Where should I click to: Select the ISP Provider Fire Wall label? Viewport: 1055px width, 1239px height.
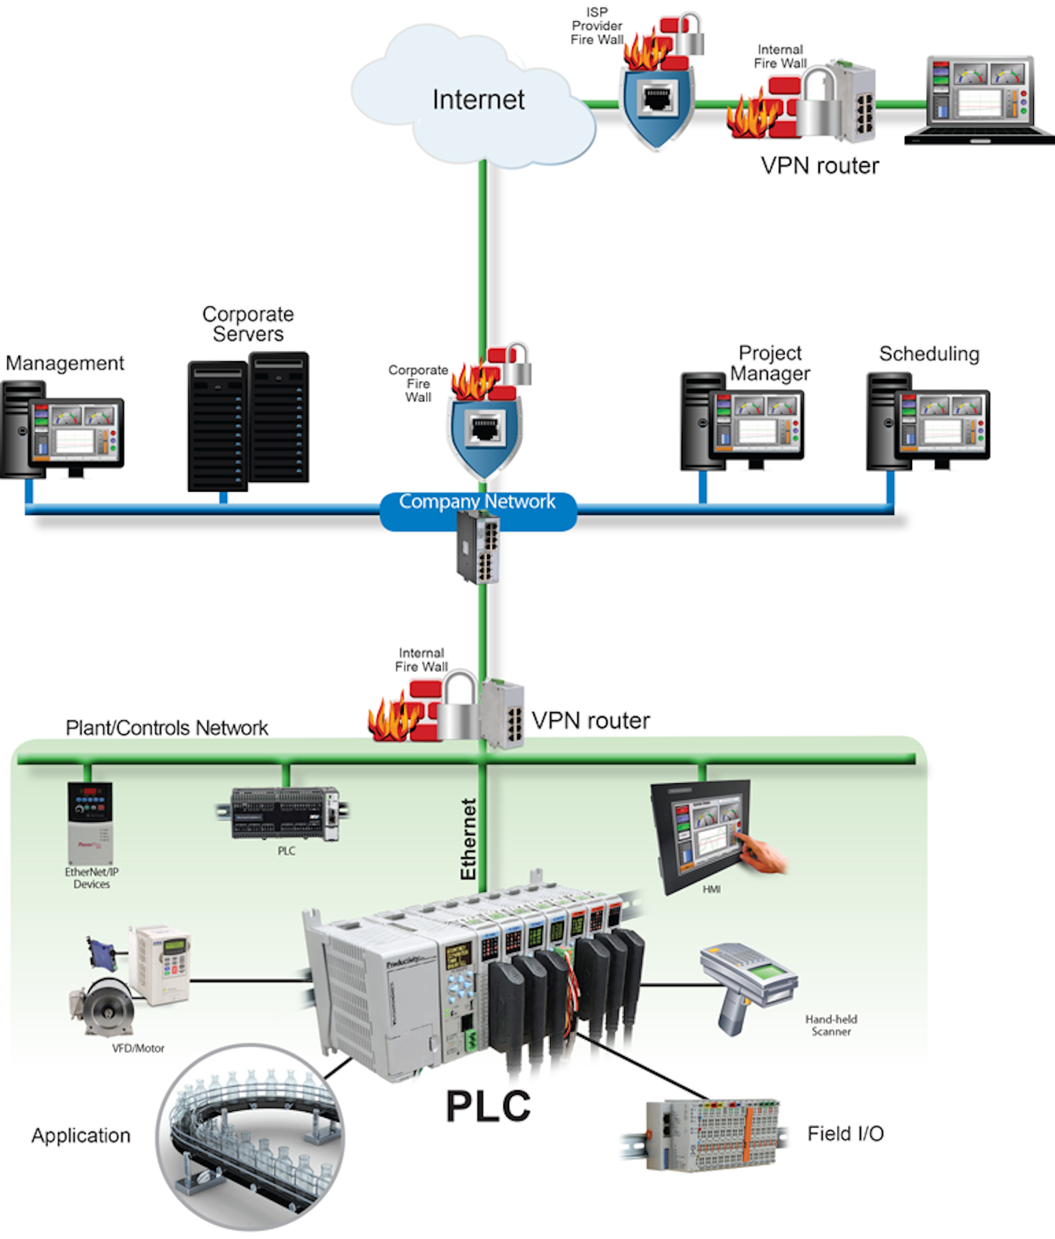pyautogui.click(x=596, y=26)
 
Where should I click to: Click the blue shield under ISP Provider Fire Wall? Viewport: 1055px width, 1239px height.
pyautogui.click(x=656, y=103)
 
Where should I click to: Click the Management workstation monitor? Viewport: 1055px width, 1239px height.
pyautogui.click(x=75, y=434)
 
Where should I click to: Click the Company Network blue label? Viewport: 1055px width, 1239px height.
pyautogui.click(x=477, y=503)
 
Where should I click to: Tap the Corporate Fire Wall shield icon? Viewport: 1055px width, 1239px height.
pyautogui.click(x=484, y=432)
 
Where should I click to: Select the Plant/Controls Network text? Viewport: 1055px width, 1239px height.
pyautogui.click(x=166, y=728)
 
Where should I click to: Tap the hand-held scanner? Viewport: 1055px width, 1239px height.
pyautogui.click(x=747, y=982)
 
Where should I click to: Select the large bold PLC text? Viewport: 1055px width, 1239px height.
pyautogui.click(x=488, y=1106)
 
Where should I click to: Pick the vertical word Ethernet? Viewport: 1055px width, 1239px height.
pyautogui.click(x=469, y=839)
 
